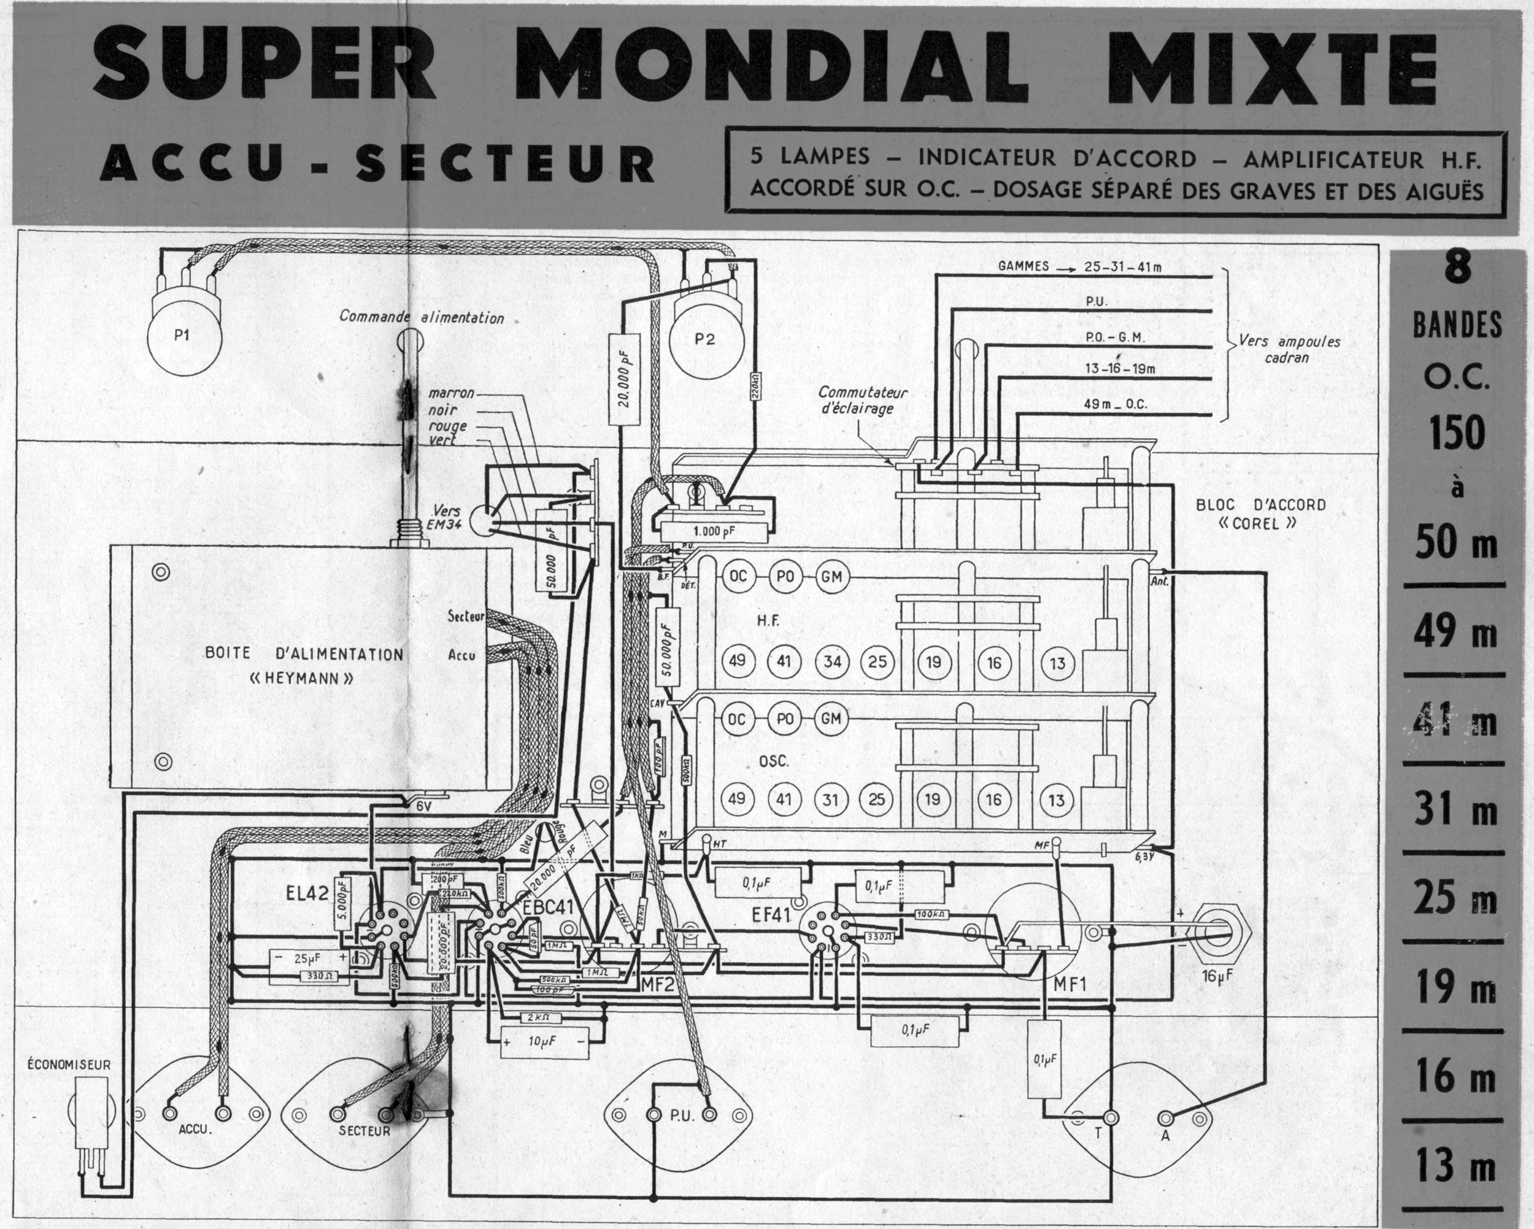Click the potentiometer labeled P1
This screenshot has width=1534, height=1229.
182,336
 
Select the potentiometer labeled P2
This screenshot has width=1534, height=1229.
704,339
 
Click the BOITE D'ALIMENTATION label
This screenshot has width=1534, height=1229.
304,654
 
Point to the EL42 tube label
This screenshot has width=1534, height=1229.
308,895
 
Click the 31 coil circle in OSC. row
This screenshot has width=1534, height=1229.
830,799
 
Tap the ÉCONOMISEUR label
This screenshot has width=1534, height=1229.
68,1065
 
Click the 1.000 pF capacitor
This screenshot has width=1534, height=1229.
714,530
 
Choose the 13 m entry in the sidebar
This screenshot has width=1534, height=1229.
1455,1166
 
